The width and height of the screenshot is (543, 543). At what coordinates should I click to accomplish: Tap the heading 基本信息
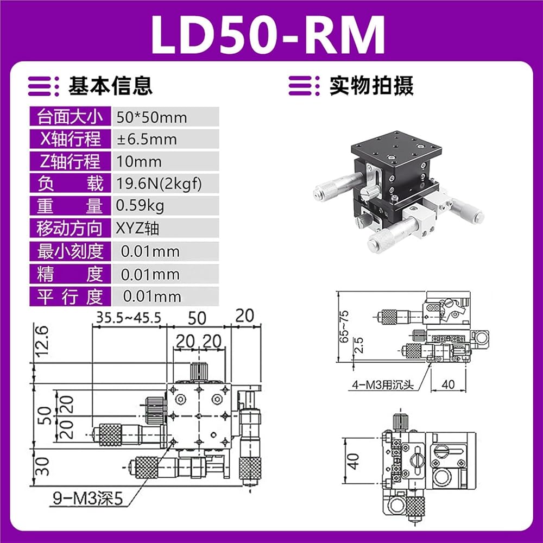[111, 86]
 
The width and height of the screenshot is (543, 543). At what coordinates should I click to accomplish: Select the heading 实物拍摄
[371, 86]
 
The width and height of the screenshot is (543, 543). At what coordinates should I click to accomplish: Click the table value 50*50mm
[151, 117]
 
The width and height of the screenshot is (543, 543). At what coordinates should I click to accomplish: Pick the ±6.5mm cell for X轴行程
[147, 139]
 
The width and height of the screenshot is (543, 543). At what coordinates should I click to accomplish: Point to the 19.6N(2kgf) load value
[159, 184]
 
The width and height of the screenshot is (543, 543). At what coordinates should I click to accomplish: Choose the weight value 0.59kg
[140, 206]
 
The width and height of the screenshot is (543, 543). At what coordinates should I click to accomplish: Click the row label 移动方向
[70, 228]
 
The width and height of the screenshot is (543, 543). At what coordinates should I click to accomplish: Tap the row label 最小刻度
[70, 251]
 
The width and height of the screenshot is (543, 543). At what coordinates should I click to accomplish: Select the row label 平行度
[70, 296]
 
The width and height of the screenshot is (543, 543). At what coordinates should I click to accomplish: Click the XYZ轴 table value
[137, 228]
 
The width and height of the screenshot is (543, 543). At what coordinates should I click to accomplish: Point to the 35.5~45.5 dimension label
[129, 317]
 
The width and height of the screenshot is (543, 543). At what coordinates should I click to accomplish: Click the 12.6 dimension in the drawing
[42, 342]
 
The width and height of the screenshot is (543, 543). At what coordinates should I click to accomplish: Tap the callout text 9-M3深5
[87, 498]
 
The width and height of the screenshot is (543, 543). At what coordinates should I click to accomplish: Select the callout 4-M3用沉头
[383, 384]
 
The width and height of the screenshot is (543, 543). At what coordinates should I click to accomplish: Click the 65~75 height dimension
[344, 326]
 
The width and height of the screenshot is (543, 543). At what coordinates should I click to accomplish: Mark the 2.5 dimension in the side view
[359, 345]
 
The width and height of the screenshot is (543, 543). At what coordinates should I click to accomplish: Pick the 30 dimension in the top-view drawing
[42, 466]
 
